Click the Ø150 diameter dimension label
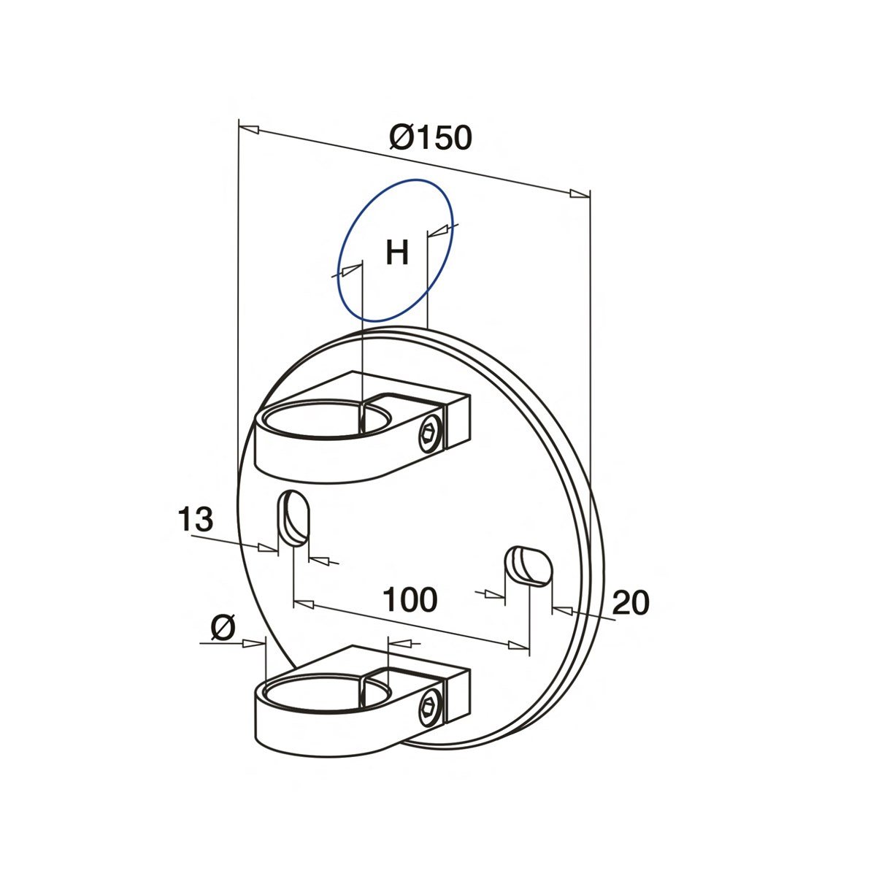(x=431, y=137)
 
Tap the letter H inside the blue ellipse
(x=397, y=253)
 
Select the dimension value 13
(x=196, y=520)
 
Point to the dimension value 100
(x=410, y=599)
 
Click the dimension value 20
(x=630, y=603)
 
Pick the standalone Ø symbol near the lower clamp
(x=223, y=627)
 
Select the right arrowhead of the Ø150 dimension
(x=579, y=194)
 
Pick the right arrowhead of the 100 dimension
(x=518, y=645)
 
